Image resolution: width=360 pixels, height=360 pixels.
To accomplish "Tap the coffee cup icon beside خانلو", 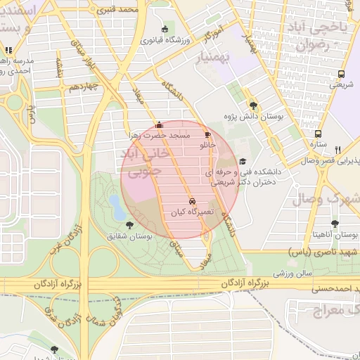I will point(207,134).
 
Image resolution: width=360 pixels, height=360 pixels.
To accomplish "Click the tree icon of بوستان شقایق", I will point(127,225).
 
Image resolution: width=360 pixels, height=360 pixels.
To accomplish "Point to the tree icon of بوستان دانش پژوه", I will point(253,105).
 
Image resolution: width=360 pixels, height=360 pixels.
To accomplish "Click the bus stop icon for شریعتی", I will point(341,74).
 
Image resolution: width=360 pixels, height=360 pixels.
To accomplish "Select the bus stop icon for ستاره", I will point(319,134).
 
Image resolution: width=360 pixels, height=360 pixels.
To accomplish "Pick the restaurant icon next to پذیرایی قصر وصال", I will point(338,150).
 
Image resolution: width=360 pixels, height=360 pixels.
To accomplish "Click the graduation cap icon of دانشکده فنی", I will point(243,161).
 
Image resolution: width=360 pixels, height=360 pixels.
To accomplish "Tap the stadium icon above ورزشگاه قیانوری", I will point(165,30).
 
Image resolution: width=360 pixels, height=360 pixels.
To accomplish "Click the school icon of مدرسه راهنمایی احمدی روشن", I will point(8,51).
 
